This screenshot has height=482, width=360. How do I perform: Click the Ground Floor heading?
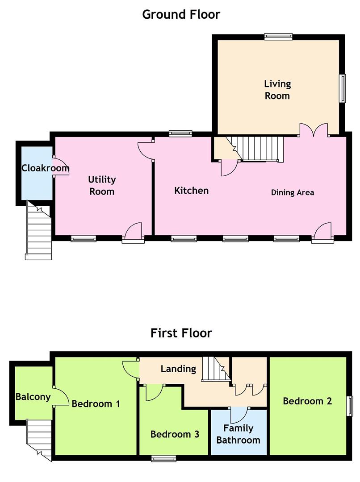(x=181, y=14)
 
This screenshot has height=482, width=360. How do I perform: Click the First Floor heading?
(x=181, y=333)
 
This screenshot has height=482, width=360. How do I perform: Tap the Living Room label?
(x=277, y=90)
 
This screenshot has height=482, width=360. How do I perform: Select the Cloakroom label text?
(x=45, y=168)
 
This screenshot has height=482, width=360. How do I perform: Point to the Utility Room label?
(x=102, y=185)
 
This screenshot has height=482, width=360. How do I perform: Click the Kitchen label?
(x=191, y=191)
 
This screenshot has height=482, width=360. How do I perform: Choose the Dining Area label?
(x=293, y=193)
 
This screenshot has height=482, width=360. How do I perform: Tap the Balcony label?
(x=33, y=397)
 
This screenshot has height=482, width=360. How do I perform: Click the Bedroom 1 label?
(x=96, y=403)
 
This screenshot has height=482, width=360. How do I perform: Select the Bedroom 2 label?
(x=307, y=401)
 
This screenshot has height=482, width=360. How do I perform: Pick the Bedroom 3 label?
(x=175, y=434)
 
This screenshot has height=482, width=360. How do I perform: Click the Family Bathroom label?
(x=238, y=434)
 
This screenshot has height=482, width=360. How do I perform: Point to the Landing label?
(x=179, y=369)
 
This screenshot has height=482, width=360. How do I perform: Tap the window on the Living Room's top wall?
(x=278, y=37)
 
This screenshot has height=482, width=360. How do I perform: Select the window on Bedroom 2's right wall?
(x=350, y=406)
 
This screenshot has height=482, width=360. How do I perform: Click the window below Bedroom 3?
(x=163, y=459)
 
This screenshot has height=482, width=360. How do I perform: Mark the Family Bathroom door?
(x=239, y=415)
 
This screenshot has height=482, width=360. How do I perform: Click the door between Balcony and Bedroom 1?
(x=61, y=397)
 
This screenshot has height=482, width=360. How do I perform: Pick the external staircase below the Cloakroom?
(x=38, y=231)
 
